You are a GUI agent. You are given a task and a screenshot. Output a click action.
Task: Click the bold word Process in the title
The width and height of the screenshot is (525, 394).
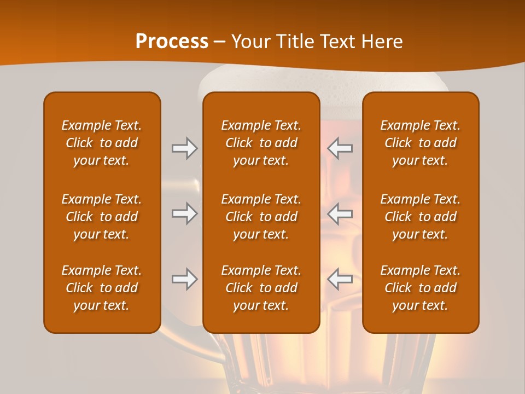(172, 42)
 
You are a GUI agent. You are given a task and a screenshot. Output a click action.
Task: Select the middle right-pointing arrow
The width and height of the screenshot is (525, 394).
(184, 214)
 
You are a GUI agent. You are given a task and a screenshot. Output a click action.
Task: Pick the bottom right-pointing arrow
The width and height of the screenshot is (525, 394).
(184, 279)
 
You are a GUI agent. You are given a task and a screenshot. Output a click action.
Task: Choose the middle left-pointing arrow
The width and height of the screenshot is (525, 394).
(340, 214)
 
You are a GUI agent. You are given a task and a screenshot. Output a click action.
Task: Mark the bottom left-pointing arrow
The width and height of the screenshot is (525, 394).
(340, 279)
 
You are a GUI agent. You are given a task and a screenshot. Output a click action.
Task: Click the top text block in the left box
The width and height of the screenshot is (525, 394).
(102, 143)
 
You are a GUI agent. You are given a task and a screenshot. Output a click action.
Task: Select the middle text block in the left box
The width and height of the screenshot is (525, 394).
(102, 217)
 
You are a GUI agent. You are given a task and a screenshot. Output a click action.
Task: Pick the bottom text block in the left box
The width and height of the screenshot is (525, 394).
(102, 288)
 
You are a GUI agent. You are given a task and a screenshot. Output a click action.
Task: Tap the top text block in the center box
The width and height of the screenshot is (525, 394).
(261, 143)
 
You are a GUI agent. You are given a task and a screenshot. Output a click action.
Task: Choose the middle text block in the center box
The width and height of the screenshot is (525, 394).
(261, 217)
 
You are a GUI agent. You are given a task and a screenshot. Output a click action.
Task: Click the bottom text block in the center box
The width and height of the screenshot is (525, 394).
(261, 288)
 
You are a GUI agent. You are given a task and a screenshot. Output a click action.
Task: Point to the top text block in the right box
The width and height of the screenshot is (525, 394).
(421, 143)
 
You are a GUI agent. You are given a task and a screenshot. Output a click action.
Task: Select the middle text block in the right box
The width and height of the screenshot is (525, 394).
(421, 217)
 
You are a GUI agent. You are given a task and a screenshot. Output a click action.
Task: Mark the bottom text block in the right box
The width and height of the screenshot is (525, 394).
(421, 288)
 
